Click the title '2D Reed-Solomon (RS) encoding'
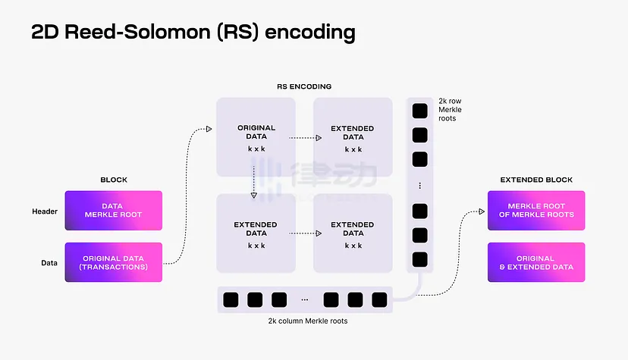tap(193, 32)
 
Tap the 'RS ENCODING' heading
tap(303, 86)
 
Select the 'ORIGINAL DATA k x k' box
tap(256, 137)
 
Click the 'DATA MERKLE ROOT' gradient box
tap(113, 210)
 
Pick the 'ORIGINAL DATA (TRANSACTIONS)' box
tap(113, 262)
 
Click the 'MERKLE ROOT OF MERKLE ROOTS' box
tap(535, 210)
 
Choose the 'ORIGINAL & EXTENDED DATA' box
tap(535, 262)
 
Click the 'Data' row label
tap(49, 263)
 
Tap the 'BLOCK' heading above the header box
tap(114, 180)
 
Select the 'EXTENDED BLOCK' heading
tap(536, 180)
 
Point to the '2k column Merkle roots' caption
tap(303, 321)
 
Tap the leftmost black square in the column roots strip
tap(231, 299)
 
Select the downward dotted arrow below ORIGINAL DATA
tap(254, 182)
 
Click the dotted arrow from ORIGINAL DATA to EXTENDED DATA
tap(303, 137)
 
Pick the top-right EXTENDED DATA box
tap(353, 137)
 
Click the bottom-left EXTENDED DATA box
tap(256, 233)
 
